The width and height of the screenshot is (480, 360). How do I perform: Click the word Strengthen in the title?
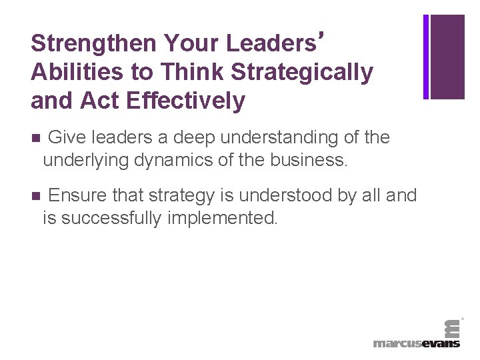(x=93, y=43)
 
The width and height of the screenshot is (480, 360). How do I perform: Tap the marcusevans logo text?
(x=417, y=343)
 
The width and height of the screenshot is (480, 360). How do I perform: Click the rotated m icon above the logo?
(x=452, y=326)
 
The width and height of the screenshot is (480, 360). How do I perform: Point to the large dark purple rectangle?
(x=447, y=57)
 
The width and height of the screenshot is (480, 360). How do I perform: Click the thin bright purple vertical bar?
(x=426, y=57)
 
